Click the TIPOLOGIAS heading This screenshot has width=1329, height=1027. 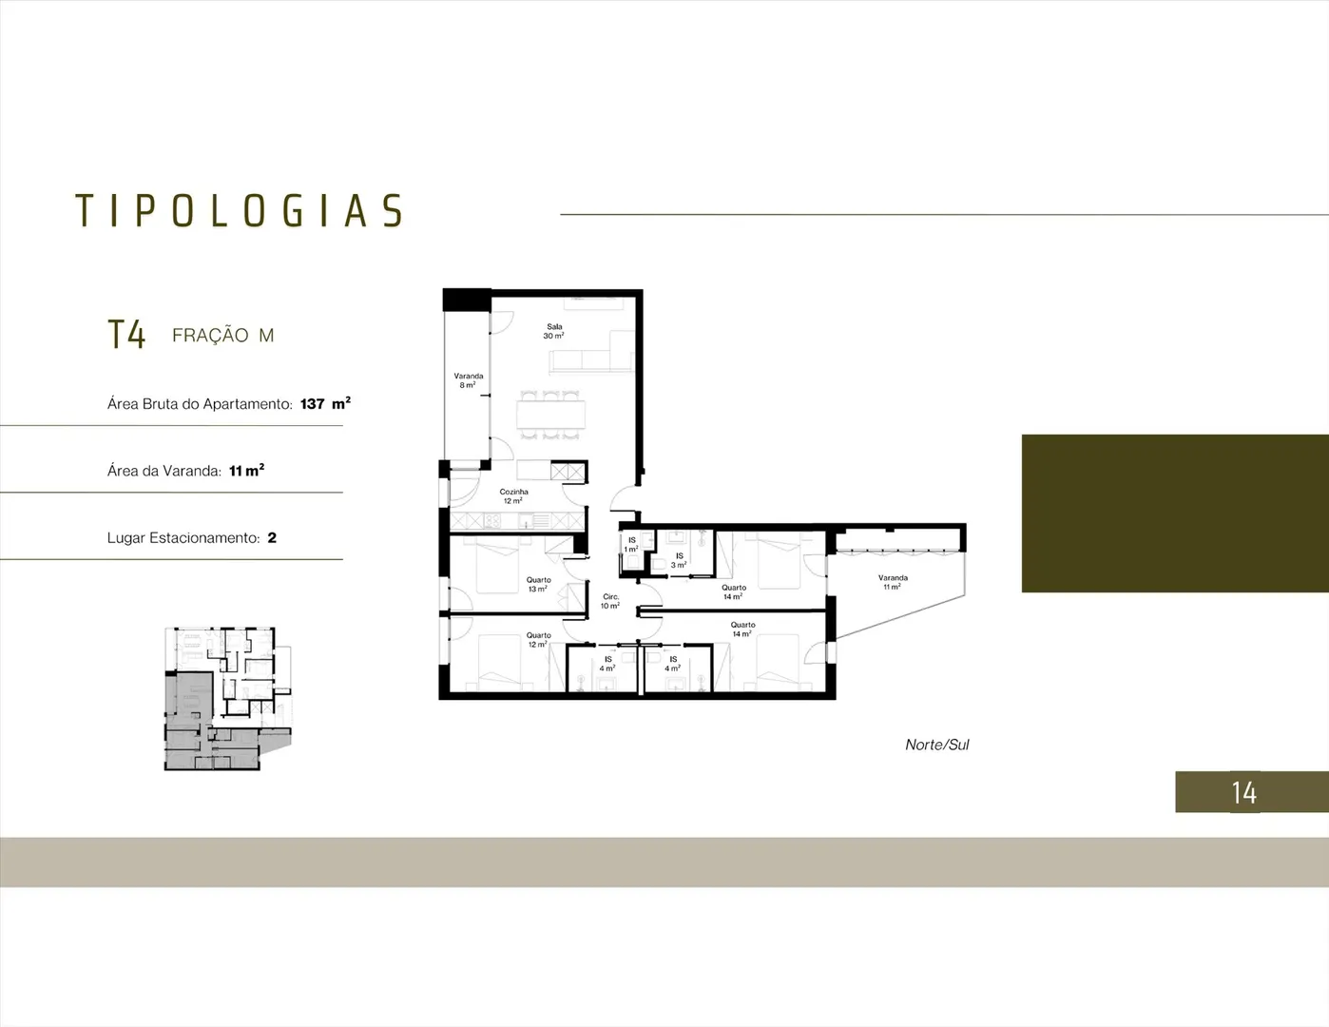click(x=240, y=210)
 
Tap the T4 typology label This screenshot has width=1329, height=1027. click(x=126, y=335)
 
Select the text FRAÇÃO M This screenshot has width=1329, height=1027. click(x=223, y=335)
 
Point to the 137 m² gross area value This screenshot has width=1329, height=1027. click(x=325, y=403)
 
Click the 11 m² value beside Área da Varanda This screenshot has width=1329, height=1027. click(x=246, y=471)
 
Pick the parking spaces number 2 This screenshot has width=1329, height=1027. click(x=272, y=537)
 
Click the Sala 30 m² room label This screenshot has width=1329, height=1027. click(x=554, y=332)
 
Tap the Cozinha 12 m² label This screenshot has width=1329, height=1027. click(x=513, y=496)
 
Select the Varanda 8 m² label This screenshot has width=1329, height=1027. click(x=469, y=380)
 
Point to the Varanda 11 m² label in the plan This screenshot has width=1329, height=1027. click(x=893, y=582)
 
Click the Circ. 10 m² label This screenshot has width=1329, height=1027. click(x=610, y=601)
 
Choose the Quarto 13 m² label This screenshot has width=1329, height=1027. click(x=538, y=584)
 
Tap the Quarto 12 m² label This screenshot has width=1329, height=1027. click(x=538, y=640)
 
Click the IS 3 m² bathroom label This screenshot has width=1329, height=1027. click(x=679, y=560)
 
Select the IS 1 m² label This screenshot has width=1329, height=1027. click(x=632, y=544)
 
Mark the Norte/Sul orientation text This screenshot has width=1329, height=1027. click(x=937, y=745)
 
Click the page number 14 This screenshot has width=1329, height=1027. click(x=1244, y=793)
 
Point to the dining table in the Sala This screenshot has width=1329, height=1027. click(x=550, y=415)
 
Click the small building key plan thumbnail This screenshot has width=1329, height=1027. click(x=227, y=699)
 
